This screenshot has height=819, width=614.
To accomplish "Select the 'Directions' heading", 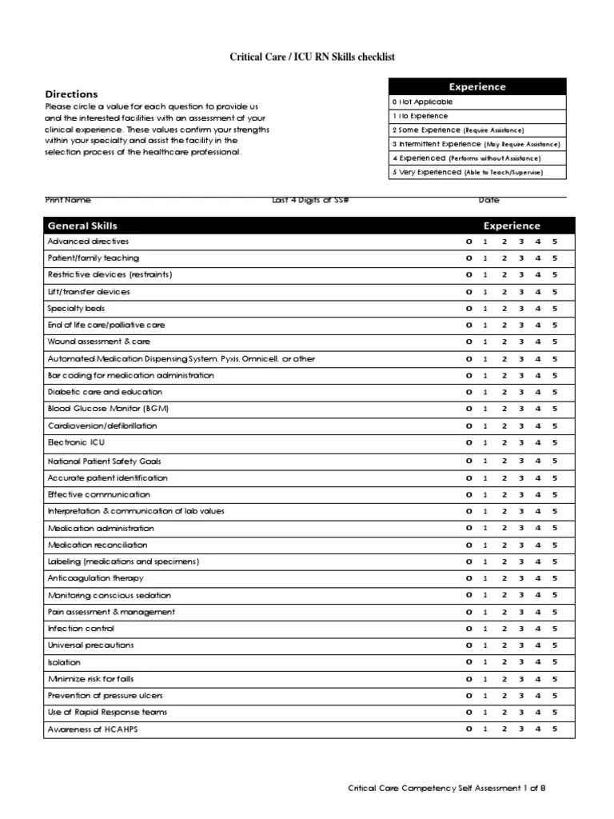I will click(x=71, y=94).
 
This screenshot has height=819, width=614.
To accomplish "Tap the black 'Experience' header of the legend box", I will click(x=476, y=86).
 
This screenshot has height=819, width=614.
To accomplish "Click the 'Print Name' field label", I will click(x=68, y=200).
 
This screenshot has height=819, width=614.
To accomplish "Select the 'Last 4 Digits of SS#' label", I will click(x=310, y=200).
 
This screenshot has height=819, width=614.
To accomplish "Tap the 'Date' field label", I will click(x=488, y=200).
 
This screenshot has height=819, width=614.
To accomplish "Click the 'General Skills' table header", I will click(x=82, y=226).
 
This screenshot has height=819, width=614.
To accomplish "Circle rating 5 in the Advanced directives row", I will click(x=555, y=242).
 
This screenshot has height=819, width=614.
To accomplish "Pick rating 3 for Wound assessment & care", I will click(x=520, y=342).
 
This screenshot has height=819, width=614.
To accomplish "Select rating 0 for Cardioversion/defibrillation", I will click(x=469, y=426).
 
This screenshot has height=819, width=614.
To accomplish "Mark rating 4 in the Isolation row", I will click(x=538, y=662).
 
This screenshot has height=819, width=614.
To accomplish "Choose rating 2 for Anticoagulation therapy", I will click(x=504, y=578).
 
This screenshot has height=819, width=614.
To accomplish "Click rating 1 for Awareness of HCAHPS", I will click(x=485, y=729).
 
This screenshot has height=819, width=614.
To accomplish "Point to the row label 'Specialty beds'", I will click(x=76, y=309).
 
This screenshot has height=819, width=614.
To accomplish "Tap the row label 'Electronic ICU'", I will click(x=76, y=442).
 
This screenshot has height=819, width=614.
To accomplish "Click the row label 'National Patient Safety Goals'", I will click(x=104, y=461).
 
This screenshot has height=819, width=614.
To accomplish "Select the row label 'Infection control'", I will click(x=81, y=629).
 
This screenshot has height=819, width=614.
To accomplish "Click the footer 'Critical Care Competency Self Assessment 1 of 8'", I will click(x=447, y=789).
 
